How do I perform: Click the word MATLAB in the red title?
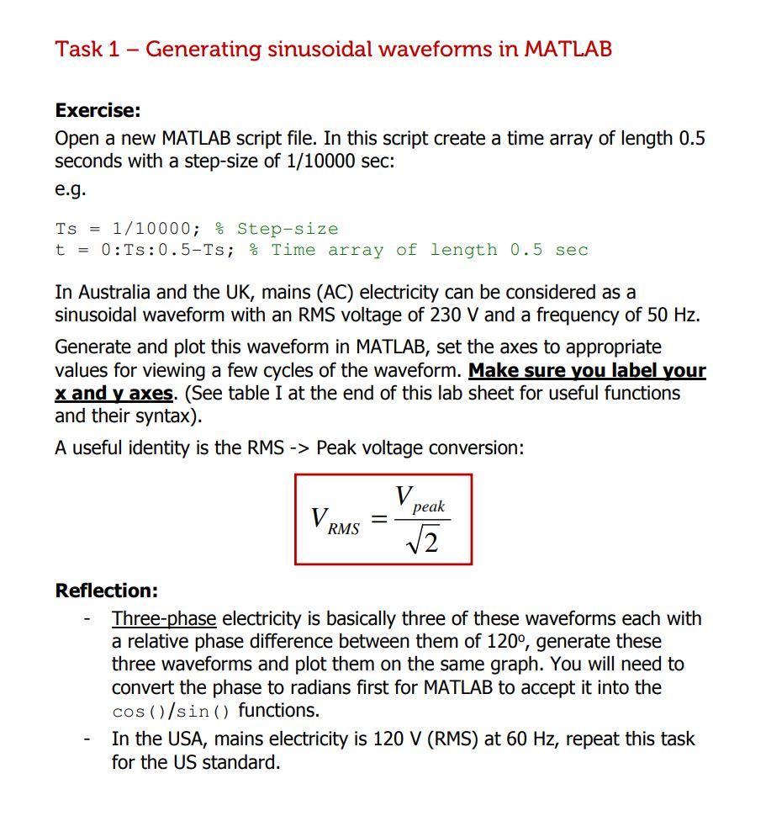coord(568,49)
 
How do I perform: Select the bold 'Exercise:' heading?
coord(98,110)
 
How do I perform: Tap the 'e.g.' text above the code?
coord(71,188)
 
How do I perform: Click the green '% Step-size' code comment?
coord(277,229)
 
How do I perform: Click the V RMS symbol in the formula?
coord(334,520)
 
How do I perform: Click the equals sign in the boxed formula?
coord(379,521)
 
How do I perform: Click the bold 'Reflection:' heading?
coord(106,591)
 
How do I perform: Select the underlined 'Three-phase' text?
coord(164,619)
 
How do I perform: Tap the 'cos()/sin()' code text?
coord(172,711)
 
